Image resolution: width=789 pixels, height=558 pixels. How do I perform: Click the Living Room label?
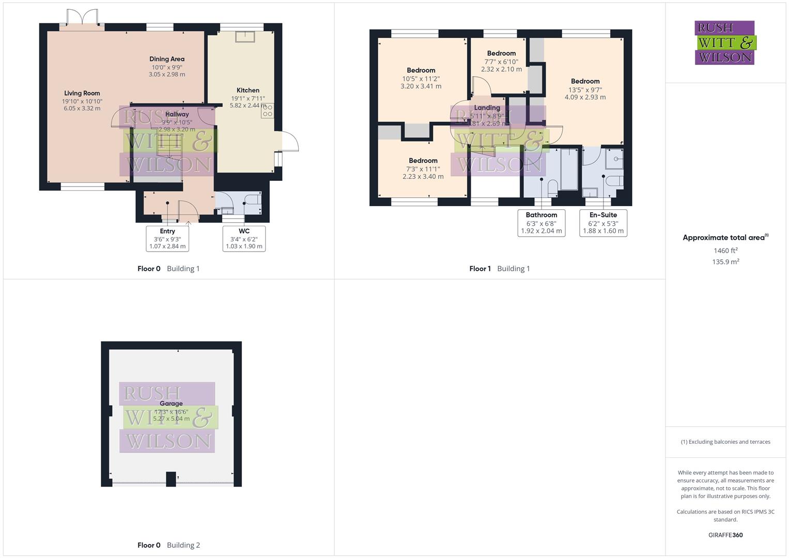click(x=82, y=94)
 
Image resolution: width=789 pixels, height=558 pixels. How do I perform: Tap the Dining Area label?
click(x=166, y=59)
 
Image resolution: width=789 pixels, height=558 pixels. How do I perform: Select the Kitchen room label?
click(x=247, y=90)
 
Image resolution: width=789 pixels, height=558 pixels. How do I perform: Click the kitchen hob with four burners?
click(x=268, y=111)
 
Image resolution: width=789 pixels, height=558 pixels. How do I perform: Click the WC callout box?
click(x=244, y=239)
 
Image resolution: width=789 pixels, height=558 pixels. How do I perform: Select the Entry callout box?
click(x=167, y=239)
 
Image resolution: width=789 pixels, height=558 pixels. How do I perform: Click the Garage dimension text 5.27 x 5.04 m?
click(x=171, y=419)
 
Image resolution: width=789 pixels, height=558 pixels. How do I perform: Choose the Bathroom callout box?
click(x=541, y=223)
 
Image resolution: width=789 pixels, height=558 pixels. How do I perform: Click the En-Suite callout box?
click(x=603, y=223)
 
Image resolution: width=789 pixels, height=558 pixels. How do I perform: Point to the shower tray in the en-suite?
click(x=615, y=161)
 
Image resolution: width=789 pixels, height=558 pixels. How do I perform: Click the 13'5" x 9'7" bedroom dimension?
click(x=585, y=89)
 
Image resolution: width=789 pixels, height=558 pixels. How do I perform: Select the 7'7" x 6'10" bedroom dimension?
click(x=501, y=61)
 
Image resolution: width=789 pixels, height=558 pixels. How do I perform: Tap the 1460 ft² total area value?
click(x=725, y=251)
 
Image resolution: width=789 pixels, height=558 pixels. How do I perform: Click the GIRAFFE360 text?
click(x=725, y=535)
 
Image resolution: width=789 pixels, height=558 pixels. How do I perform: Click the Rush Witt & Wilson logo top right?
click(x=725, y=42)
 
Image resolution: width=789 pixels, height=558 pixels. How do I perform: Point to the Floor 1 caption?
click(x=480, y=269)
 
